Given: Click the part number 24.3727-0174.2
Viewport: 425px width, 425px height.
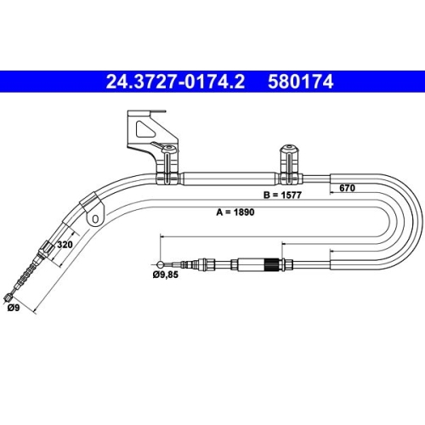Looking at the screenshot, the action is [x=175, y=82].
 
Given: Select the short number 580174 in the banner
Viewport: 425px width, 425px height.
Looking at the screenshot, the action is [x=300, y=82].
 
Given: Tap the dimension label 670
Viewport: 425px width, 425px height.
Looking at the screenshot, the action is [x=347, y=188].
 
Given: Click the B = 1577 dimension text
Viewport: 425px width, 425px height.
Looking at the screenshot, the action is [x=282, y=195].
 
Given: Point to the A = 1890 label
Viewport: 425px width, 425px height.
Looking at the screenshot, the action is [x=235, y=212].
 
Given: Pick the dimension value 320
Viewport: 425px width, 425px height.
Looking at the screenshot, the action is [x=65, y=244].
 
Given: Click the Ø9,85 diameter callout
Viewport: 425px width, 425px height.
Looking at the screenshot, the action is [x=166, y=275].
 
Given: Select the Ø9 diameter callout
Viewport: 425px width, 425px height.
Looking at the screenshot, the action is [x=14, y=308].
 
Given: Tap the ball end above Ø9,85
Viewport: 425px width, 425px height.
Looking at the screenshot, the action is [x=160, y=264].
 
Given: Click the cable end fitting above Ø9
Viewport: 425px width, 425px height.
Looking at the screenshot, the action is [x=9, y=297].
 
